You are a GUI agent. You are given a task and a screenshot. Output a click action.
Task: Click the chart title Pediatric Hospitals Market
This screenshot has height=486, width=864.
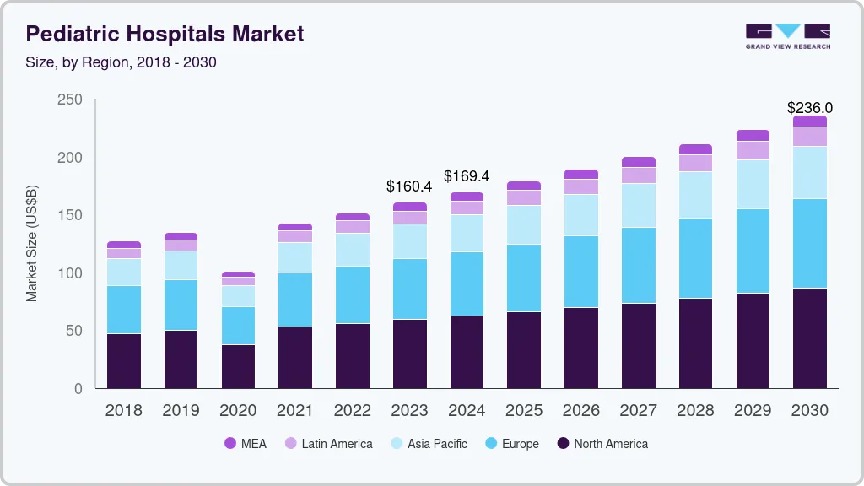165,34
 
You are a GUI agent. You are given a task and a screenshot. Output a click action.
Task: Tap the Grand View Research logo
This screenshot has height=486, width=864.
787,35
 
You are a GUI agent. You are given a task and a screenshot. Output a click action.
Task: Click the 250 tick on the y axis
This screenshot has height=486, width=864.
70,100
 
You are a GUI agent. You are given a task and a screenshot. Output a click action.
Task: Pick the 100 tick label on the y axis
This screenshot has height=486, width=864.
70,273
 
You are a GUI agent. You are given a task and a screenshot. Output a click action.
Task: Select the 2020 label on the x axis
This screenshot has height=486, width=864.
238,411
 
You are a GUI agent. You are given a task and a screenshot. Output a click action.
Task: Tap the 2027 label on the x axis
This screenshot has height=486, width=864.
639,411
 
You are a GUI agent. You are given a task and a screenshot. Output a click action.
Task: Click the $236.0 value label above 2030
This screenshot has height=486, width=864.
810,108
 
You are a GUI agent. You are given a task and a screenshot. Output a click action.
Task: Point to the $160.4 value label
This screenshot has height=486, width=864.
409,186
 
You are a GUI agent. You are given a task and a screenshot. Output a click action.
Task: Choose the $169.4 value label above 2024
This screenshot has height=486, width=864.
467,176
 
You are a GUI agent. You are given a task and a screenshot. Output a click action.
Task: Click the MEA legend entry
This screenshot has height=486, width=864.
245,444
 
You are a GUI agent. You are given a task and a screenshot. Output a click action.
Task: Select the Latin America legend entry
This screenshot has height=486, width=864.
328,444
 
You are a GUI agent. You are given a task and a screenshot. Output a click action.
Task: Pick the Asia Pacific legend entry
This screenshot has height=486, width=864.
428,444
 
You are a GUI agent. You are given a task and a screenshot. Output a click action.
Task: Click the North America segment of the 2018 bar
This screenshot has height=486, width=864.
123,361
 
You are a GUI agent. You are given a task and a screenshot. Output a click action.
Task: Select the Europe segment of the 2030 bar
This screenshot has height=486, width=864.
810,244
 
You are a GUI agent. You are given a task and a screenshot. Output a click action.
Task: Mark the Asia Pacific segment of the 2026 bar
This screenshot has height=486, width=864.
581,215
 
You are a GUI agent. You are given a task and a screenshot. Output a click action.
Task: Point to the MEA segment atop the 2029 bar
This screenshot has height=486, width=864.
753,135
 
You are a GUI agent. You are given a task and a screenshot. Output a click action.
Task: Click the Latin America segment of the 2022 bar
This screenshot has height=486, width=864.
352,227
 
